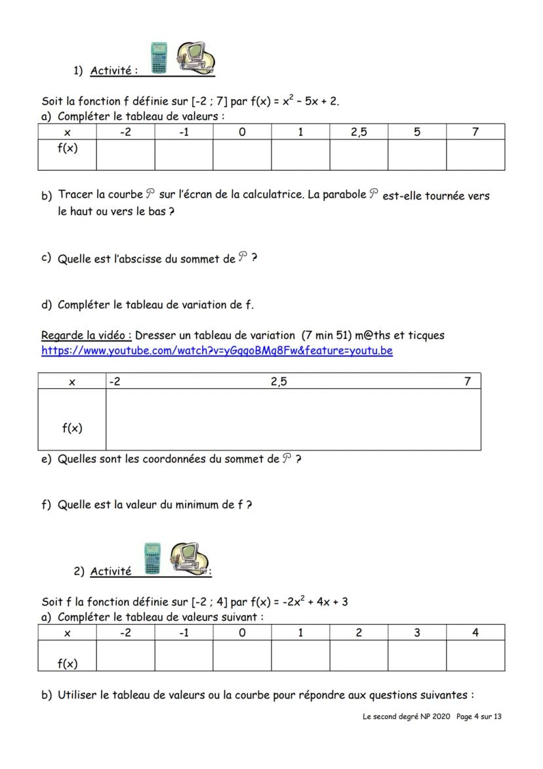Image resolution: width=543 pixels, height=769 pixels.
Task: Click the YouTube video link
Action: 216,351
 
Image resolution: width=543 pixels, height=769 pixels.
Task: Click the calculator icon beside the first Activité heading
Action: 159,58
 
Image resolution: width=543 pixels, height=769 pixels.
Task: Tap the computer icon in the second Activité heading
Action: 188,558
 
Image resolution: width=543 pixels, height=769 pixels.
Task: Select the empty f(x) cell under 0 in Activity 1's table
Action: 242,155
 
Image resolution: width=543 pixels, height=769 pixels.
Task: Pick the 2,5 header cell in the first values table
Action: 359,132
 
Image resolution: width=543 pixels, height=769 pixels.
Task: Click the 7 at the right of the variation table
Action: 467,382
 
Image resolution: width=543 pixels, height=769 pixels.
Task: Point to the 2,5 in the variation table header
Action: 279,382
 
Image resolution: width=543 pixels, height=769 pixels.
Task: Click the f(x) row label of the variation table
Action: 72,428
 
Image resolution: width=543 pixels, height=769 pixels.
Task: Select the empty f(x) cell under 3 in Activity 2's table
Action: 417,655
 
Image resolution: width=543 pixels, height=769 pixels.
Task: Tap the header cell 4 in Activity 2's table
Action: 475,632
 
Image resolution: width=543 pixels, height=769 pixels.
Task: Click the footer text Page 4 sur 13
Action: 479,716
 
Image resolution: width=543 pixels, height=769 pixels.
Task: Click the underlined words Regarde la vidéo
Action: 86,336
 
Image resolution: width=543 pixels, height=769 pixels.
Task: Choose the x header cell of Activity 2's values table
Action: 67,632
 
